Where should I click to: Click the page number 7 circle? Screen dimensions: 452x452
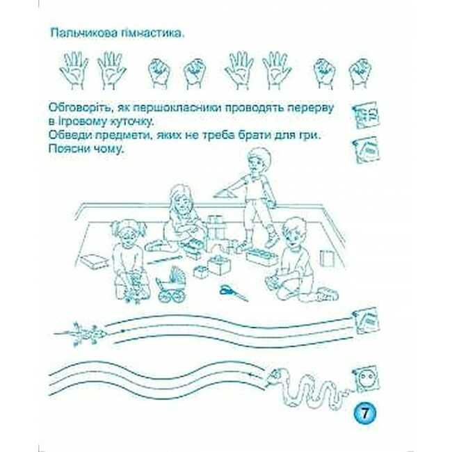coord(364,413)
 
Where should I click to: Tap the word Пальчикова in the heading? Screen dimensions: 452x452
coord(84,33)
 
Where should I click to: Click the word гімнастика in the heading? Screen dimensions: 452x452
coord(152,33)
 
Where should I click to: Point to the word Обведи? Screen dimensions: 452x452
coord(69,135)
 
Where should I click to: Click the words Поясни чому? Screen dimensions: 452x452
coord(88,150)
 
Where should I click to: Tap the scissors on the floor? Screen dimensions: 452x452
coord(233,293)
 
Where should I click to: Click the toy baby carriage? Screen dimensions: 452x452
coord(171,284)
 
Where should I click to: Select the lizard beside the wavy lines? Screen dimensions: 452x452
coord(81,333)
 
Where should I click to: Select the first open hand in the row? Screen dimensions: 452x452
coord(74,71)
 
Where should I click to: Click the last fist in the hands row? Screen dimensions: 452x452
coord(360,74)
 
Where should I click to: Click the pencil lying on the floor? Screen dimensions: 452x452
coord(163,260)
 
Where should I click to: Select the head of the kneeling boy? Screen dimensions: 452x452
coord(294,232)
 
